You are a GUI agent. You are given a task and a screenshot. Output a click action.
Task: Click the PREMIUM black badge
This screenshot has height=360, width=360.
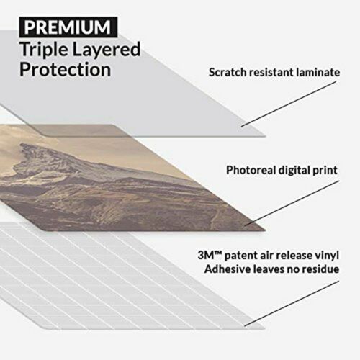coord(68,27)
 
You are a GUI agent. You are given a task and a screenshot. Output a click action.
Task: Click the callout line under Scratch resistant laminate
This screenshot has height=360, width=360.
coord(288,105)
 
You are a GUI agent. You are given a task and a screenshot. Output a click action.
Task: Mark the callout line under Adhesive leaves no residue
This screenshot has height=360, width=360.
coord(288,303)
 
